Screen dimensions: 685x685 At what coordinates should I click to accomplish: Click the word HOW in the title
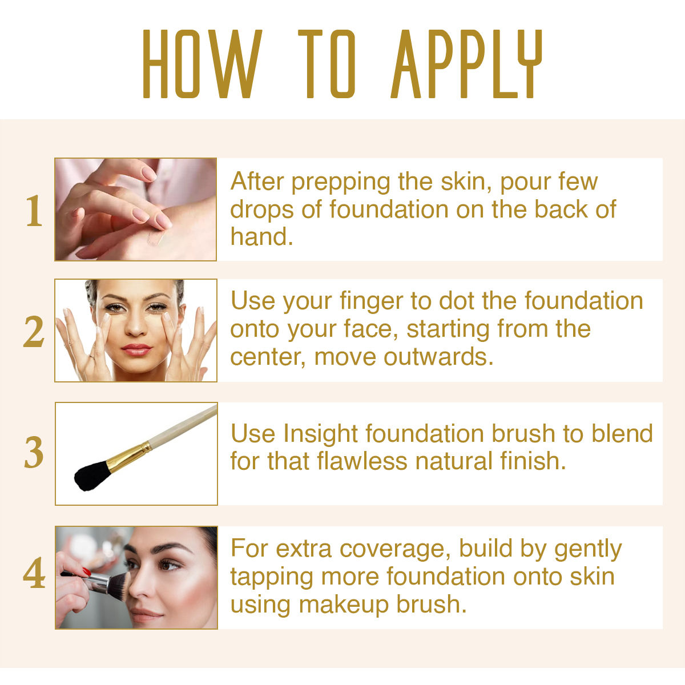click(x=202, y=64)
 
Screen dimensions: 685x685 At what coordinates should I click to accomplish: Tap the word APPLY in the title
click(x=466, y=64)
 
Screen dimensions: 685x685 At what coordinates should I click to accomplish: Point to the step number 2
click(x=34, y=331)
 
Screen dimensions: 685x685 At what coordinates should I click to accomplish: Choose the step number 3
click(x=34, y=452)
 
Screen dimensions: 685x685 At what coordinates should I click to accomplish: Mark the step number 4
click(x=34, y=573)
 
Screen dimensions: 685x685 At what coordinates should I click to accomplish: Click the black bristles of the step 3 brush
click(x=91, y=476)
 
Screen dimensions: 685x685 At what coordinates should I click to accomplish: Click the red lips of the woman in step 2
click(x=136, y=349)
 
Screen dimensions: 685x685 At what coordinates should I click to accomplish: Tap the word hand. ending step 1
click(x=261, y=236)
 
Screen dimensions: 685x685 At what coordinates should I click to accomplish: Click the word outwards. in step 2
click(x=438, y=357)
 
